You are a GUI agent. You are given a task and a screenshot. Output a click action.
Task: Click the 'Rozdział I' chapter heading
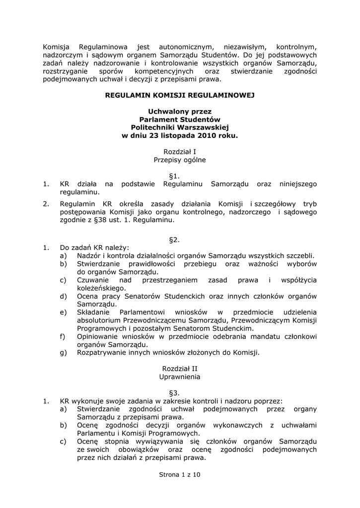[180, 152]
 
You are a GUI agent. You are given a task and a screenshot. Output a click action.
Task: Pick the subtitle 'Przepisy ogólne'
[180, 160]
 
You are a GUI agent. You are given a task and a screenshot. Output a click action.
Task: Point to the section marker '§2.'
[174, 240]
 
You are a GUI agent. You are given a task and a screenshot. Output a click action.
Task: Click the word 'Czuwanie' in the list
[93, 280]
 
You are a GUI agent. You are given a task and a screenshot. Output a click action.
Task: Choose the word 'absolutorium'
[100, 320]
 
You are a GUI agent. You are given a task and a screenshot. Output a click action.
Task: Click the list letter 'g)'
[63, 352]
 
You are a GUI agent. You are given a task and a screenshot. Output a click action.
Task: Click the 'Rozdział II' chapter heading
[180, 369]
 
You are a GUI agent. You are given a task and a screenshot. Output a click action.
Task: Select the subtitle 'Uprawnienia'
[180, 377]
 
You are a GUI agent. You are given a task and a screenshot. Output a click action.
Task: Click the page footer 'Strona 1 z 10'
[180, 475]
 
